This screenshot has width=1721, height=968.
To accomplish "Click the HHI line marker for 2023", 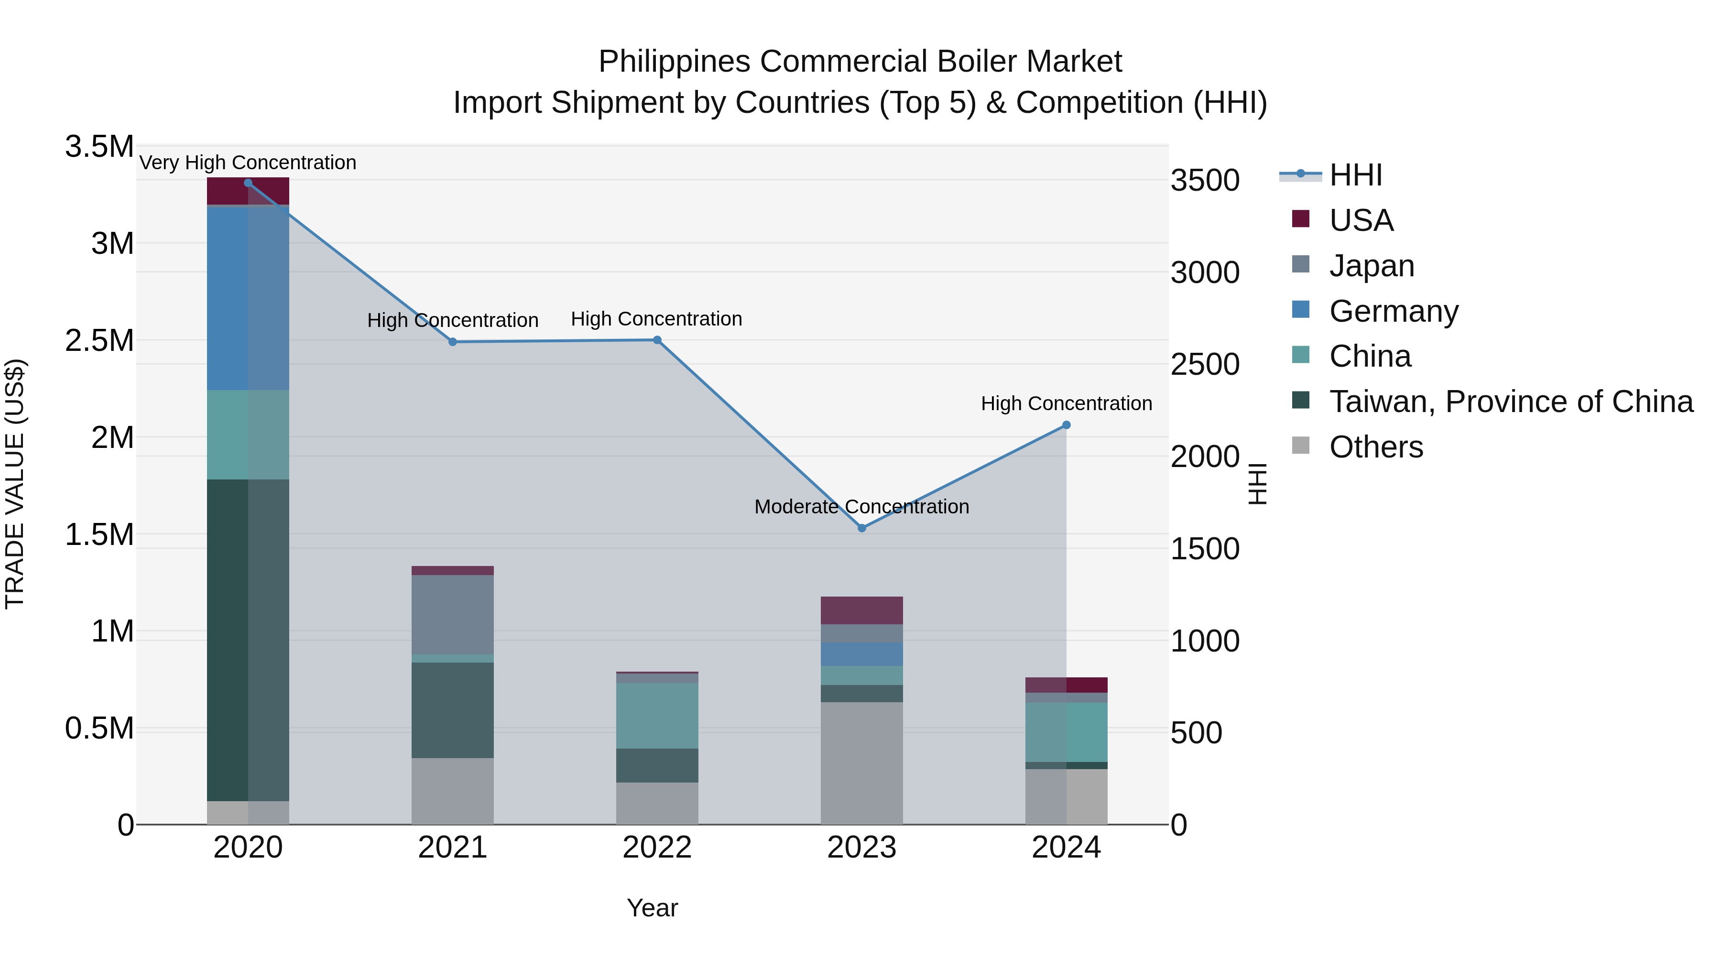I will [x=862, y=528].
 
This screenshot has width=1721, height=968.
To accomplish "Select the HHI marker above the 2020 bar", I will [x=248, y=183].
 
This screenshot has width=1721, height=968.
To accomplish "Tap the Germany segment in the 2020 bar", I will [x=248, y=298].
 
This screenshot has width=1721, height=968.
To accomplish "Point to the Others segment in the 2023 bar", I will [x=862, y=762].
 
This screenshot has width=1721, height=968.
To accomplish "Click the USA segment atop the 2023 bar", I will [x=862, y=610].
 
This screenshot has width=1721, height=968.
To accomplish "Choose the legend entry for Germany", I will [x=1393, y=311].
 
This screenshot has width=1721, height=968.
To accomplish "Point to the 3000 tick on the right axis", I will [x=1205, y=272].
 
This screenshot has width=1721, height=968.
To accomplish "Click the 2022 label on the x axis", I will [x=657, y=848].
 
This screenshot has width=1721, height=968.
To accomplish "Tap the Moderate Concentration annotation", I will [x=862, y=506].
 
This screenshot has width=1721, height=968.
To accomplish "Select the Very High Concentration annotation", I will [x=248, y=163].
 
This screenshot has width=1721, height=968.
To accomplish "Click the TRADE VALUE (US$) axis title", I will [x=15, y=484].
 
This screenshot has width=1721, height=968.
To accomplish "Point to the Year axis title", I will [x=652, y=908].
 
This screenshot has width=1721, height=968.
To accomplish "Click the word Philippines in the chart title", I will [x=674, y=62].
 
